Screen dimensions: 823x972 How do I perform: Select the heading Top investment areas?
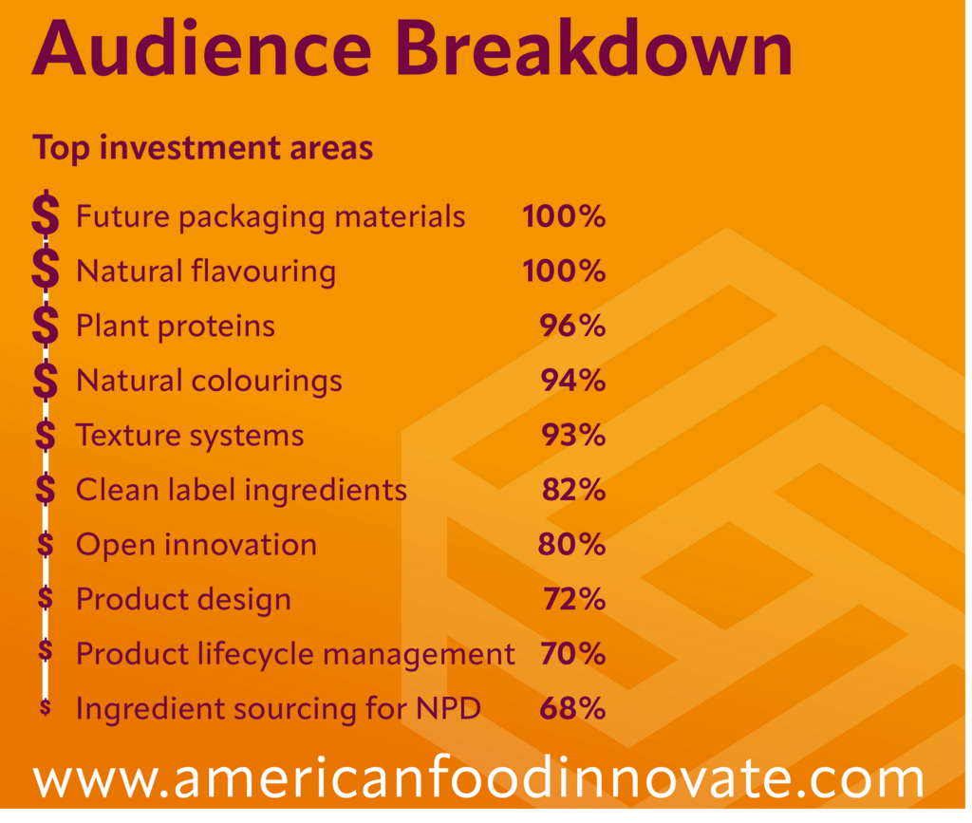[x=202, y=148]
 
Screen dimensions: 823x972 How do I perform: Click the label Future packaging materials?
[x=271, y=217]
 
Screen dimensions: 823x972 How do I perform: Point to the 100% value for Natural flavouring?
[x=564, y=271]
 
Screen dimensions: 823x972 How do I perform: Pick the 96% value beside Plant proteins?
[x=572, y=327]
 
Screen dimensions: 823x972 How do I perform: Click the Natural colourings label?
[x=209, y=382]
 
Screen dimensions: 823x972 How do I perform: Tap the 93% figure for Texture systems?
[x=572, y=436]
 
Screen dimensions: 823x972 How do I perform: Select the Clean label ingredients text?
[x=241, y=491]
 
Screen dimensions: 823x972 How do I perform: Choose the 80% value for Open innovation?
[x=572, y=545]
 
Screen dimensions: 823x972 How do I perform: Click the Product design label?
[x=183, y=600]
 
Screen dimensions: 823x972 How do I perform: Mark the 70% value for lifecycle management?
[x=572, y=654]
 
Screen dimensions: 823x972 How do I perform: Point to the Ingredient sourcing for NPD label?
[x=278, y=709]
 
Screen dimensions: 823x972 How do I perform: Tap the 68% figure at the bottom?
[x=572, y=709]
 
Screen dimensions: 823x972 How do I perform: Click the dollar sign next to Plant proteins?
[x=45, y=326]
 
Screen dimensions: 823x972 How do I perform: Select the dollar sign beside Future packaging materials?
[x=45, y=215]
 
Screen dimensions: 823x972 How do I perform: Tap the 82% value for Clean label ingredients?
[x=573, y=491]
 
